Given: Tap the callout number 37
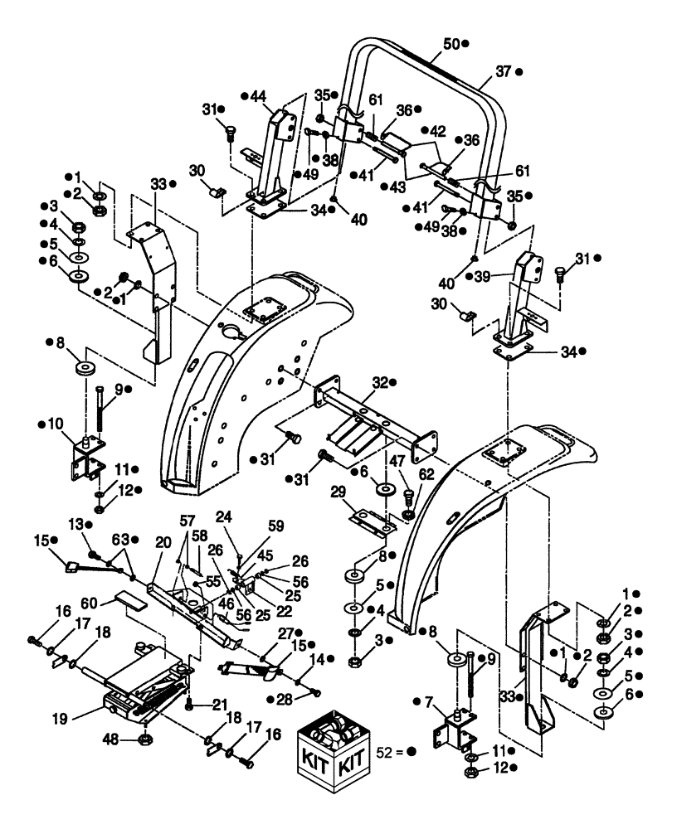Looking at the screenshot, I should pyautogui.click(x=504, y=72).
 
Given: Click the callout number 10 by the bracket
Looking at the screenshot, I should pyautogui.click(x=56, y=424).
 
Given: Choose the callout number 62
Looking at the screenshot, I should pyautogui.click(x=425, y=476).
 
